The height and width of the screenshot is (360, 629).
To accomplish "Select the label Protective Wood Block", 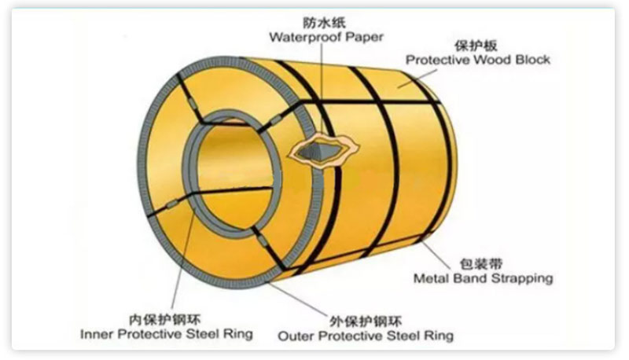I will (477, 59).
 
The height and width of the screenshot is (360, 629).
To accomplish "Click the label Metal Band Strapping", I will (483, 277).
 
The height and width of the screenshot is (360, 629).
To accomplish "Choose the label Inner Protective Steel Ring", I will (167, 334).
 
